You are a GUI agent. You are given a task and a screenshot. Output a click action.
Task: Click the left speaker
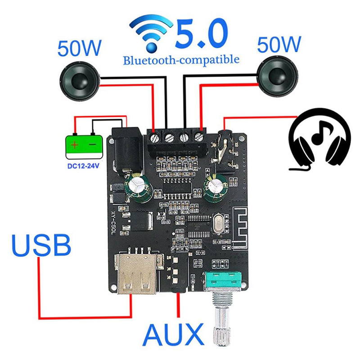80,81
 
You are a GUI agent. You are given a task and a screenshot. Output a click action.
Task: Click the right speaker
278,76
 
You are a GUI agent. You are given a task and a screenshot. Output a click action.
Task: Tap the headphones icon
319,139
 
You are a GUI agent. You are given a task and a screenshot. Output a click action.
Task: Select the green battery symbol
84,147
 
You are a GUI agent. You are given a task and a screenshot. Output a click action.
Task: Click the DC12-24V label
83,166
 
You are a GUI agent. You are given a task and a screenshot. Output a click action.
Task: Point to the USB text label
41,245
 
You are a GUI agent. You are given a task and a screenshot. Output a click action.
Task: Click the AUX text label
173,334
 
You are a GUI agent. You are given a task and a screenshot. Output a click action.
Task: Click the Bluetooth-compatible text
181,60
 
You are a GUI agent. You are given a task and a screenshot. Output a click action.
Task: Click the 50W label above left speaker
79,48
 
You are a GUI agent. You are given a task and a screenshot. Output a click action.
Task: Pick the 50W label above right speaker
279,44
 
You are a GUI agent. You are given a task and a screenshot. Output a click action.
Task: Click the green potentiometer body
222,281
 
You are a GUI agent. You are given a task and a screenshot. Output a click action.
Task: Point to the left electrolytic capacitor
139,188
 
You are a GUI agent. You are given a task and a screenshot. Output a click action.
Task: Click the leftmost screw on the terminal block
155,138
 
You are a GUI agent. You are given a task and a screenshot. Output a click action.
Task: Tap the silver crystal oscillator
219,224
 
